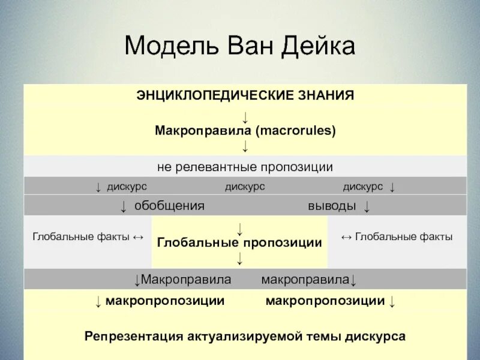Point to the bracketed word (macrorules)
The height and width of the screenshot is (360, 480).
(296, 130)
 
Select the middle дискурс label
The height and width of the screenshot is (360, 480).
(245, 187)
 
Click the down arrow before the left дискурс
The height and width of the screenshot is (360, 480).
(98, 187)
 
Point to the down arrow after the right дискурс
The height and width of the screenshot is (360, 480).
(392, 187)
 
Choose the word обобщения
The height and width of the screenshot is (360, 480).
(169, 206)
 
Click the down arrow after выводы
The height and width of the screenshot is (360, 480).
(366, 206)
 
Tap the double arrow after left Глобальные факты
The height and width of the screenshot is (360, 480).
(137, 237)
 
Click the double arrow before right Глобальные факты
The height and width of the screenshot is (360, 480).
(346, 237)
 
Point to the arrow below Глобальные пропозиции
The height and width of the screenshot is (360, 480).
(239, 259)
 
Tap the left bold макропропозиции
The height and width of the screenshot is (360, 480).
(165, 301)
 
